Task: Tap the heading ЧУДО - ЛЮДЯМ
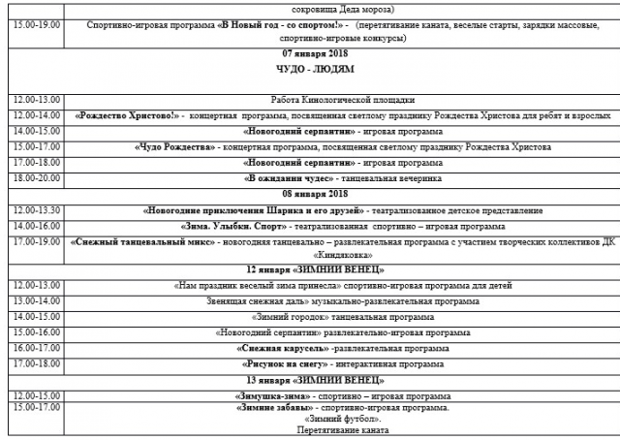tap(310, 69)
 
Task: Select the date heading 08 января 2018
tap(310, 194)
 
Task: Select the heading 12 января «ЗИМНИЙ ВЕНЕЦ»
tap(310, 268)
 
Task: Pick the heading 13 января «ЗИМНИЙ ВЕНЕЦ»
tap(310, 379)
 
